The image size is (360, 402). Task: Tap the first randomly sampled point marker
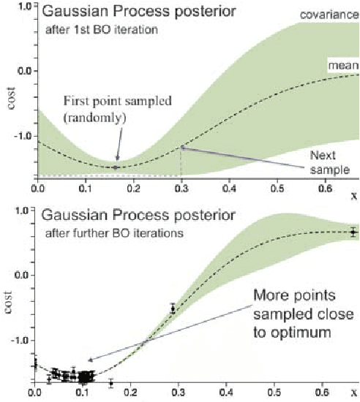(x=115, y=167)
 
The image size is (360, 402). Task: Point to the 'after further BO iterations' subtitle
(x=110, y=233)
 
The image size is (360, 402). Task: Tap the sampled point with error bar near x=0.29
(x=173, y=309)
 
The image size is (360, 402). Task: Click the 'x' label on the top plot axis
(x=353, y=195)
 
